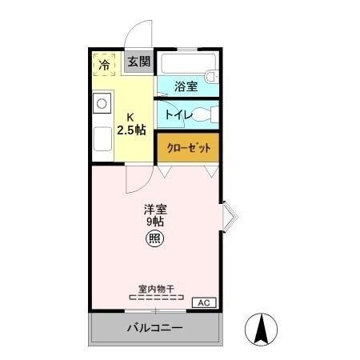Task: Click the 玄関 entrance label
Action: point(139,62)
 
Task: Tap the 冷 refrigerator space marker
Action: point(104,64)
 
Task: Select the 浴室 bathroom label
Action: point(186,86)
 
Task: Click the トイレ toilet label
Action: point(179,115)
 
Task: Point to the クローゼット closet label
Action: point(189,147)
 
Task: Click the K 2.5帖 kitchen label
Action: point(131,124)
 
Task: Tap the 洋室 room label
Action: point(155,210)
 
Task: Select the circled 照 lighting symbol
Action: point(154,238)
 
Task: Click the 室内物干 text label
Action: point(156,289)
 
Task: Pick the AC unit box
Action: point(204,302)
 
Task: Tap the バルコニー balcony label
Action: point(154,327)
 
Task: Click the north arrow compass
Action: point(261,330)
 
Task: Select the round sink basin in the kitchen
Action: point(102,103)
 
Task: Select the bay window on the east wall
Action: point(230,216)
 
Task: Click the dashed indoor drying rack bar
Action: point(157,298)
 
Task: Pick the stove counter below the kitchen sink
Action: point(102,139)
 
